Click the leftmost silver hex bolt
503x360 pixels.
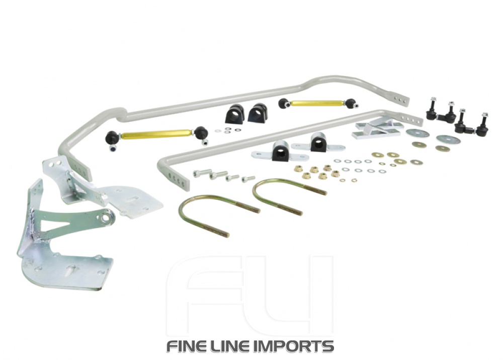click(x=201, y=173)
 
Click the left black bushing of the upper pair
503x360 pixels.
click(x=235, y=114)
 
